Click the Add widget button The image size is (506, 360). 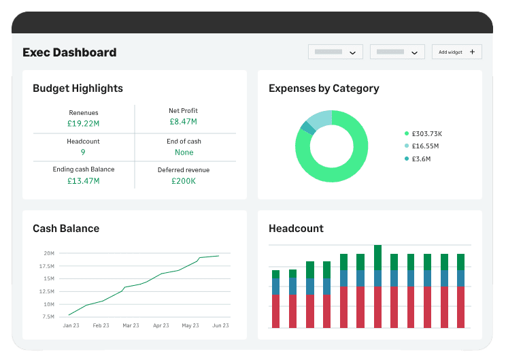pyautogui.click(x=456, y=52)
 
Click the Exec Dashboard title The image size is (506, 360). pyautogui.click(x=69, y=52)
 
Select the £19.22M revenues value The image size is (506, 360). pyautogui.click(x=83, y=123)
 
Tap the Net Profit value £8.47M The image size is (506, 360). pyautogui.click(x=184, y=121)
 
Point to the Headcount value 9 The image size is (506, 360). pyautogui.click(x=83, y=152)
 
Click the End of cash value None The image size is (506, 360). pyautogui.click(x=184, y=152)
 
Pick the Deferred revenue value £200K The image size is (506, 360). pyautogui.click(x=184, y=181)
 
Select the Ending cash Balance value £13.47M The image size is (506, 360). pyautogui.click(x=83, y=181)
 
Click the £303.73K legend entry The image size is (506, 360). pyautogui.click(x=424, y=133)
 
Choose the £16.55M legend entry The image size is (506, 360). pyautogui.click(x=422, y=146)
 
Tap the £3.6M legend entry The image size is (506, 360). pyautogui.click(x=418, y=159)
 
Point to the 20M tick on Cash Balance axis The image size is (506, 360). pyautogui.click(x=49, y=253)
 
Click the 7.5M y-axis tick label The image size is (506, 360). pyautogui.click(x=48, y=316)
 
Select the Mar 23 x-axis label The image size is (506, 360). pyautogui.click(x=131, y=325)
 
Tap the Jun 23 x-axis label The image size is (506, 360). pyautogui.click(x=220, y=325)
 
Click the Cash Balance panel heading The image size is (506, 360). pyautogui.click(x=66, y=228)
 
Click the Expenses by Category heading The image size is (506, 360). pyautogui.click(x=324, y=88)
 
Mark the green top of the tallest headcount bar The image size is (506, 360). pyautogui.click(x=377, y=257)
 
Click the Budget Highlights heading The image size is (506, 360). pyautogui.click(x=78, y=88)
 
